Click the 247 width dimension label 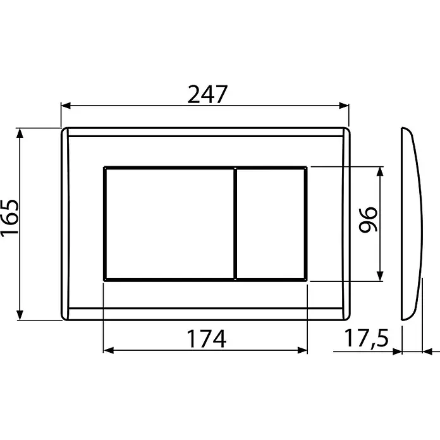coord(207,94)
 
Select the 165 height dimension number coord(10,218)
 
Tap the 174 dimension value coord(206,339)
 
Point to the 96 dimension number coord(368,220)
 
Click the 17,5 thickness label coord(366,339)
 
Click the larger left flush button coord(169,224)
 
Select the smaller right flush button coord(271,224)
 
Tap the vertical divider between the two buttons coord(235,224)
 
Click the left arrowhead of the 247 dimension coord(66,106)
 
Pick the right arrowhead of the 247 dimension coord(344,106)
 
